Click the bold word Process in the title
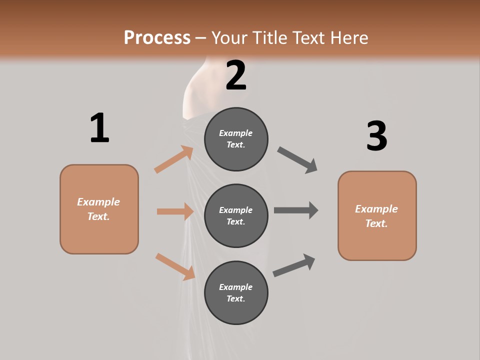pyautogui.click(x=157, y=37)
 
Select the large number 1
pyautogui.click(x=99, y=128)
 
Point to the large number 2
pyautogui.click(x=236, y=75)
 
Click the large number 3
pyautogui.click(x=376, y=136)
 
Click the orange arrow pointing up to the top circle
pyautogui.click(x=173, y=159)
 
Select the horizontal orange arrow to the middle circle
pyautogui.click(x=175, y=211)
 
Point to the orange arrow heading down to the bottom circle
pyautogui.click(x=175, y=266)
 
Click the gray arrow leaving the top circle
pyautogui.click(x=297, y=159)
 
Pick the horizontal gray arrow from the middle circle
pyautogui.click(x=295, y=210)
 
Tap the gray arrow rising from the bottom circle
pyautogui.click(x=294, y=265)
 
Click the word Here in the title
pyautogui.click(x=350, y=37)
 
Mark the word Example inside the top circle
pyautogui.click(x=236, y=133)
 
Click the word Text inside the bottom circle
pyautogui.click(x=235, y=298)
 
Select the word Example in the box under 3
pyautogui.click(x=376, y=209)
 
